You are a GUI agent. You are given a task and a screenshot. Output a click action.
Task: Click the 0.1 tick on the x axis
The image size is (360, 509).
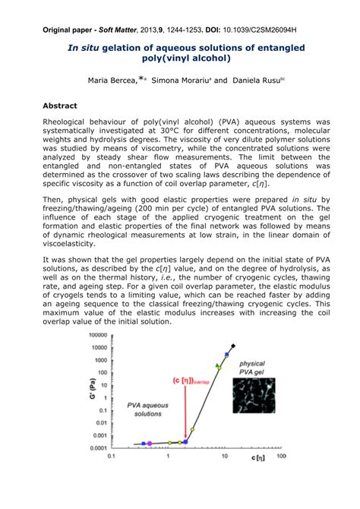(112, 457)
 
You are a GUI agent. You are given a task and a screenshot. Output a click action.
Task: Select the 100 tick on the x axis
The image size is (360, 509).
(280, 457)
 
